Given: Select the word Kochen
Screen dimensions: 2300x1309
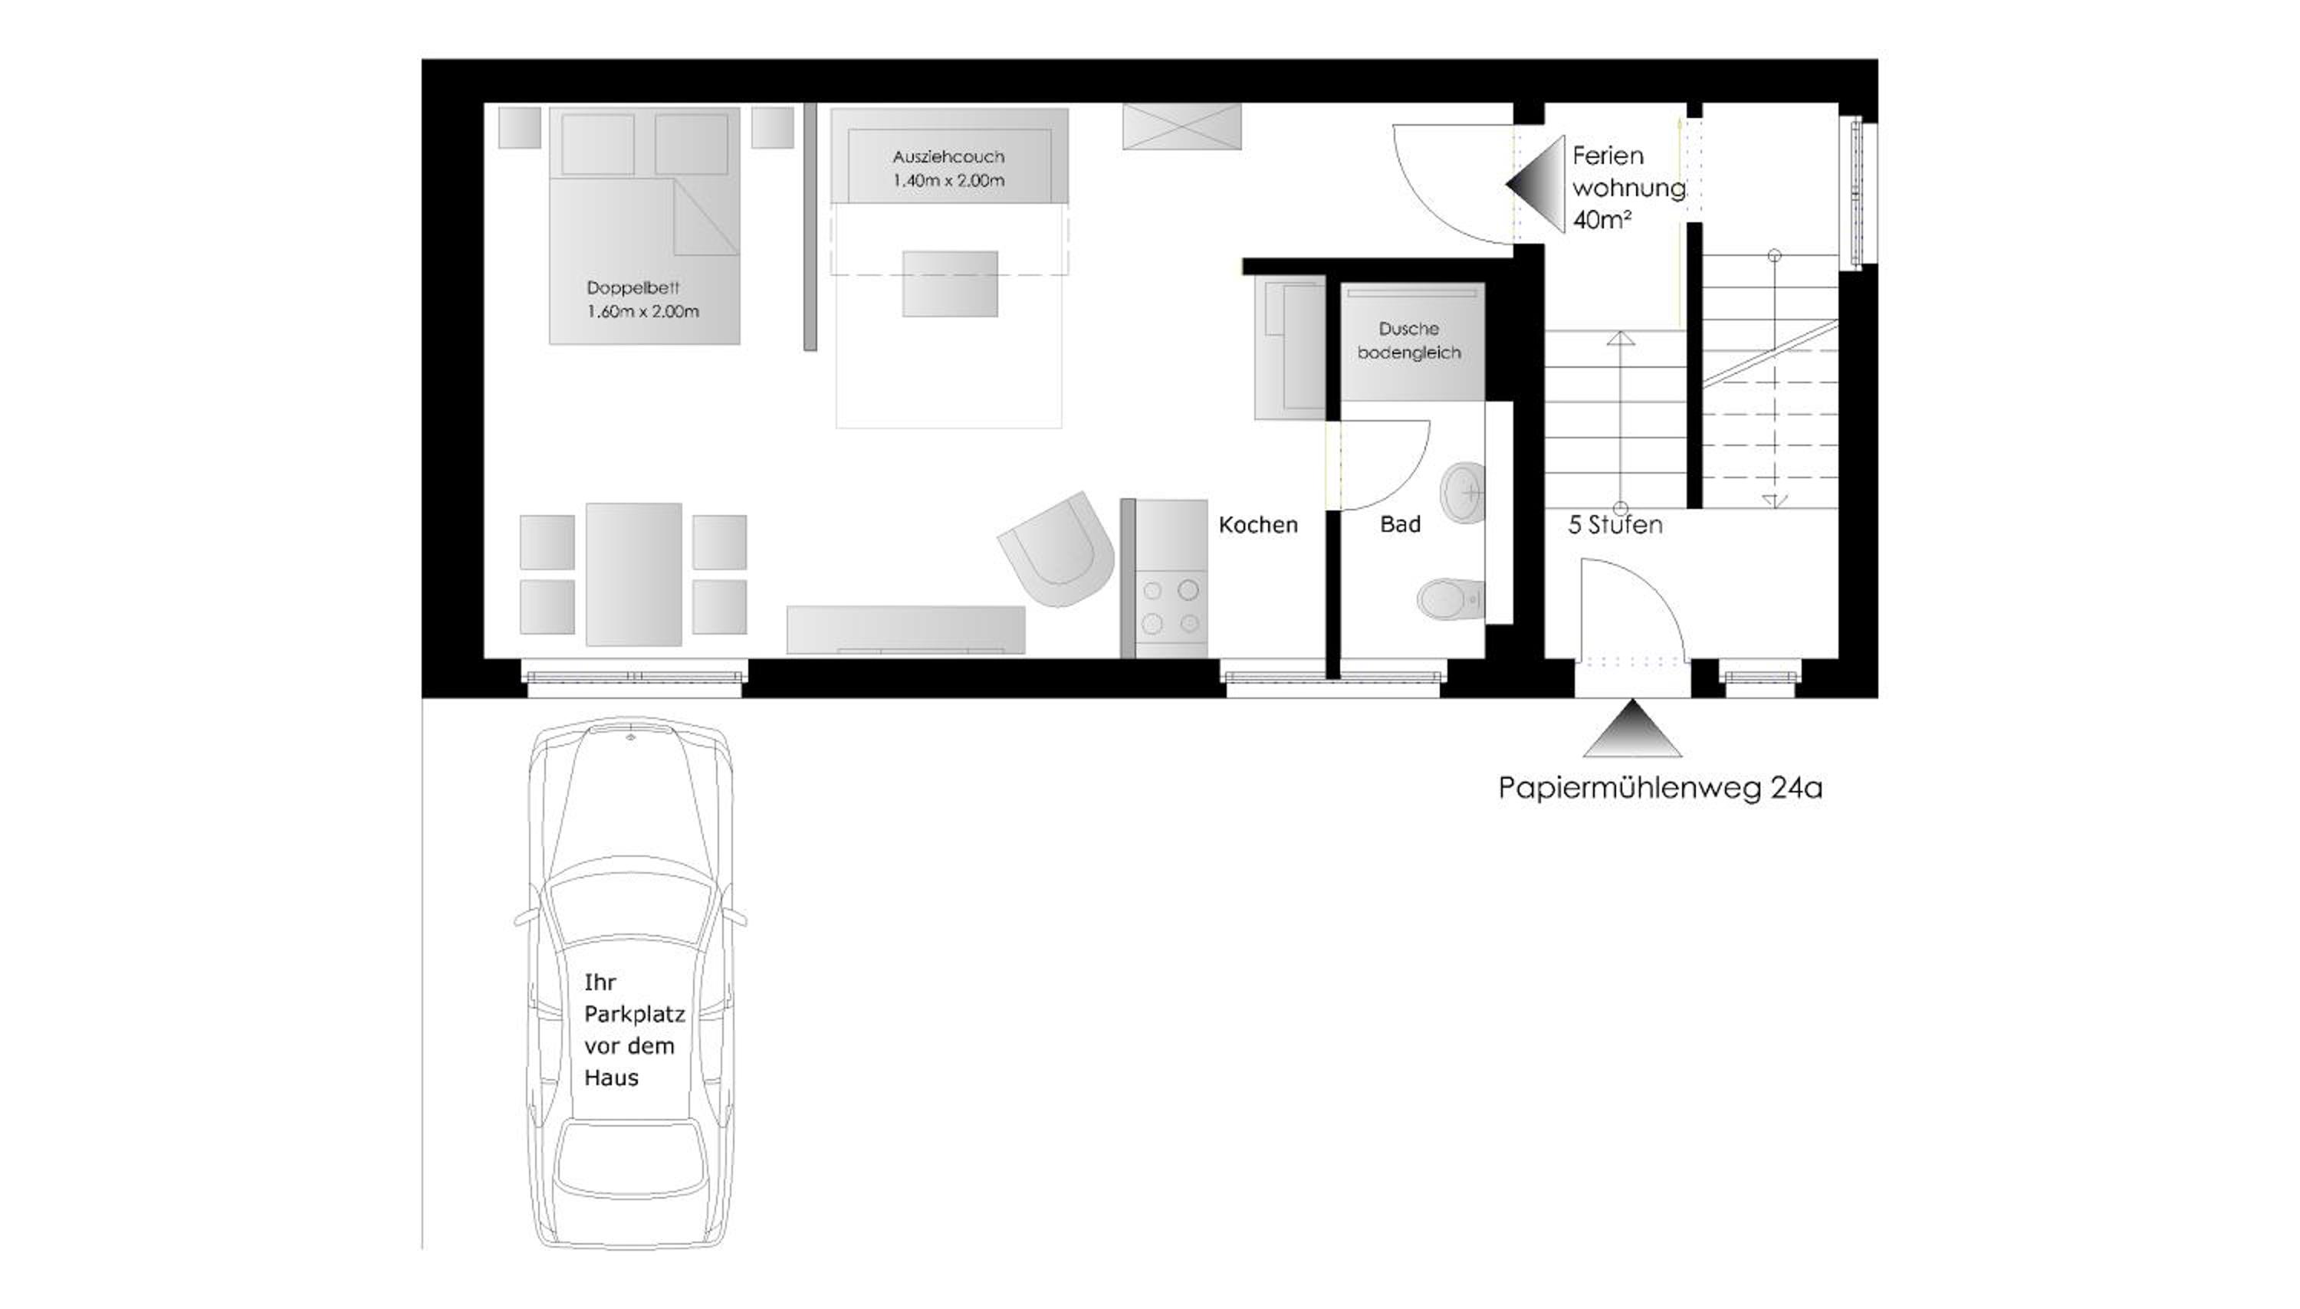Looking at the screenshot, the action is click(1258, 525).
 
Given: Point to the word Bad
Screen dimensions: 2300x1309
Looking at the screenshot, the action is click(1400, 524).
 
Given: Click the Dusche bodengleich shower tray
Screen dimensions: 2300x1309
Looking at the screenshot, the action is click(1411, 342).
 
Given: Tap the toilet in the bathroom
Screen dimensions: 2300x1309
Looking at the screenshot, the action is click(1451, 599).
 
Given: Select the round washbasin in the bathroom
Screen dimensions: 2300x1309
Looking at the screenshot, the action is click(1462, 493).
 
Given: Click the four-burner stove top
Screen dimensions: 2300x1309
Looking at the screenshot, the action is click(1171, 607).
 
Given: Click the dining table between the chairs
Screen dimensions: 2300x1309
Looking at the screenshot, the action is click(634, 575).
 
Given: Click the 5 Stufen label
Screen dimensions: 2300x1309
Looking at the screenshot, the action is click(1615, 525).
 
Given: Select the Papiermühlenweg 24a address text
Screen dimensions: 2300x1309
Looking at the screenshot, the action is click(1660, 789).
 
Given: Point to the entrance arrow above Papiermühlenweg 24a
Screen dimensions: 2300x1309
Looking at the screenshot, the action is click(1632, 728).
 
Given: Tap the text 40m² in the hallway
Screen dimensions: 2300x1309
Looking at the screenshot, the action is click(1602, 219).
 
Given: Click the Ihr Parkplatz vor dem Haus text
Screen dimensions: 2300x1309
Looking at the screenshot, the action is click(634, 1030).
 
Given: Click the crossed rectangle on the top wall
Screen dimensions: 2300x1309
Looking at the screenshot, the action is click(1181, 126).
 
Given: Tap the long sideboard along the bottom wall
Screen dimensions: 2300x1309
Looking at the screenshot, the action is click(905, 629).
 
